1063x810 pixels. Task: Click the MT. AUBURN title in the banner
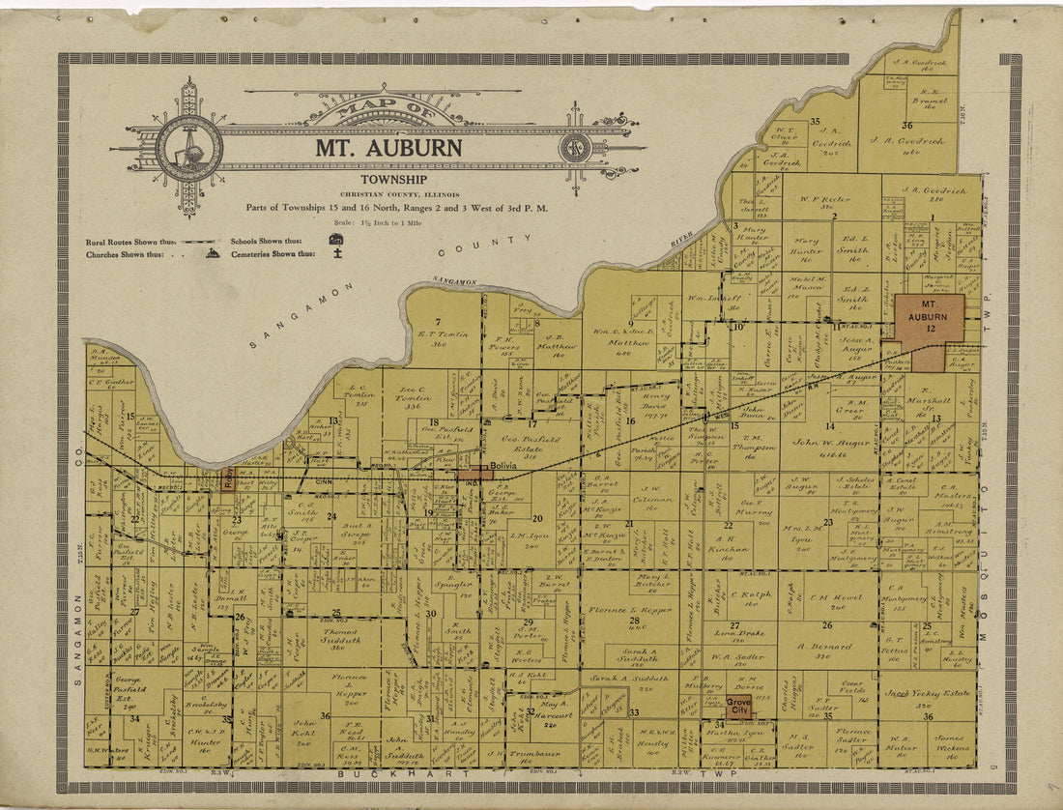point(388,149)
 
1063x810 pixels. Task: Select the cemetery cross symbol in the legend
point(337,255)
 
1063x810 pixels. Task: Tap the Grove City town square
point(738,705)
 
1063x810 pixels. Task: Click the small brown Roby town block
point(227,477)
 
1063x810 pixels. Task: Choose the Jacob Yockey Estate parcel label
point(927,693)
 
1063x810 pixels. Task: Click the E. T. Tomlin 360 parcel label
point(443,334)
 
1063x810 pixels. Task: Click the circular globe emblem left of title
point(189,148)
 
